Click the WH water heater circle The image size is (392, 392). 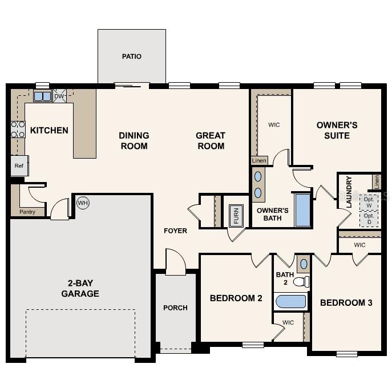pyautogui.click(x=83, y=203)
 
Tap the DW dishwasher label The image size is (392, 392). pyautogui.click(x=59, y=96)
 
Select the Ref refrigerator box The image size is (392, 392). pyautogui.click(x=19, y=166)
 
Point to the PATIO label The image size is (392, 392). pyautogui.click(x=132, y=56)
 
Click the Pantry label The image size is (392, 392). pyautogui.click(x=27, y=212)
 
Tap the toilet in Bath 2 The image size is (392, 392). pyautogui.click(x=302, y=281)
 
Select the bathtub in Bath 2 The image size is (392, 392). pyautogui.click(x=290, y=301)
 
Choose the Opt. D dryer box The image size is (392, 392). pyautogui.click(x=369, y=219)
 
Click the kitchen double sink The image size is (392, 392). pyautogui.click(x=43, y=96)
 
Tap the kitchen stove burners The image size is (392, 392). pyautogui.click(x=18, y=130)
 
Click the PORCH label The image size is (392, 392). pyautogui.click(x=175, y=308)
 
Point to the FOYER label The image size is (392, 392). pyautogui.click(x=175, y=231)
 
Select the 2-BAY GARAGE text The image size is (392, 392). pyautogui.click(x=80, y=289)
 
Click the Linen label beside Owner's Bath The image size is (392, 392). pyautogui.click(x=259, y=161)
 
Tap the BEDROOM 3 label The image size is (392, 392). pyautogui.click(x=346, y=302)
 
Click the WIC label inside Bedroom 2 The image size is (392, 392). pyautogui.click(x=288, y=322)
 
